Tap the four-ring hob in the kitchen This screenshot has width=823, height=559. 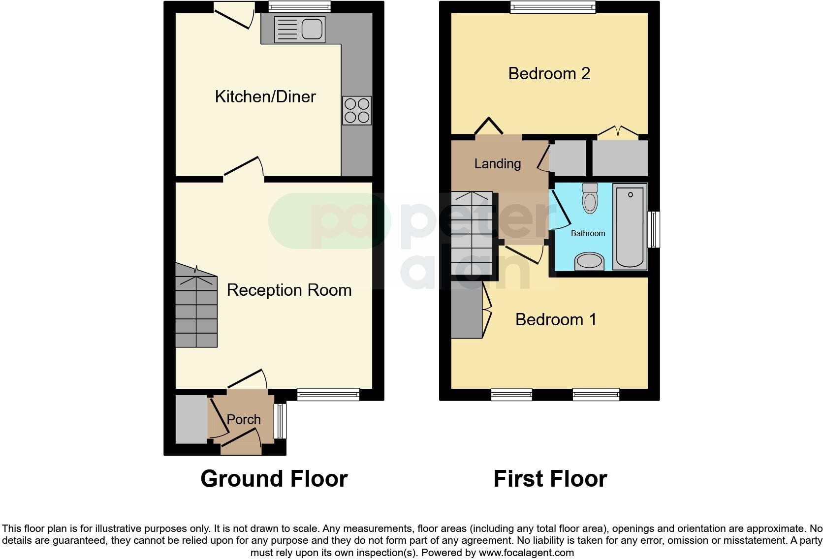click(x=357, y=111)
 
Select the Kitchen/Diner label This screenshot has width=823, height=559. click(x=265, y=96)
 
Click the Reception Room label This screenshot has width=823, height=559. click(x=289, y=290)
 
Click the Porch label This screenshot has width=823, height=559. click(x=244, y=419)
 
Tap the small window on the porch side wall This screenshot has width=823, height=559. click(x=280, y=421)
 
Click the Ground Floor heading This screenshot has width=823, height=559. click(x=274, y=478)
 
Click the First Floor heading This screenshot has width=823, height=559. click(x=550, y=478)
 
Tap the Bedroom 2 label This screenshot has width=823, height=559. click(x=549, y=73)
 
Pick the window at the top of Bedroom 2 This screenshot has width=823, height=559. click(x=553, y=7)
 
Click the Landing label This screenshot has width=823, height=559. click(x=497, y=163)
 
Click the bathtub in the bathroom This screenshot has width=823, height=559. click(x=630, y=226)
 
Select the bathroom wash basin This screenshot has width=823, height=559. click(x=589, y=261)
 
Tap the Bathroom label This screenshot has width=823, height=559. click(x=588, y=233)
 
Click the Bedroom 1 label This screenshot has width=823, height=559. click(x=556, y=319)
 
